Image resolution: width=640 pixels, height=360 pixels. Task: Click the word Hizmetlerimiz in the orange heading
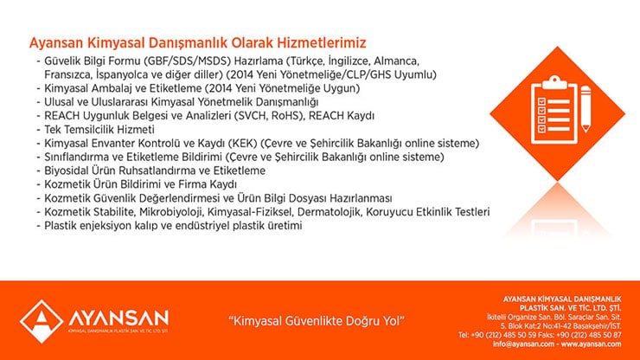point(322,42)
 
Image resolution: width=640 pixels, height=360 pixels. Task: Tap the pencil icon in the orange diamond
point(586,109)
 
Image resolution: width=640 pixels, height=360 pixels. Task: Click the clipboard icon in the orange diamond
point(554,110)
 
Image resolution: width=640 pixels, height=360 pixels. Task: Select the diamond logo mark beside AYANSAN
point(42,321)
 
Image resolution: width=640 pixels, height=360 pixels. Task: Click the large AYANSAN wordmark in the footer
point(118,318)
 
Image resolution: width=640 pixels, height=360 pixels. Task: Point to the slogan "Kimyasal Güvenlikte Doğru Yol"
point(317,321)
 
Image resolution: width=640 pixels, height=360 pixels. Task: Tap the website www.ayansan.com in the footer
point(591,344)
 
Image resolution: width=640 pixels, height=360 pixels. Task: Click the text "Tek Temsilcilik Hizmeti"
point(99,130)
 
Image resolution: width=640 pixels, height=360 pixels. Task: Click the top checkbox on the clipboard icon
point(541,100)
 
